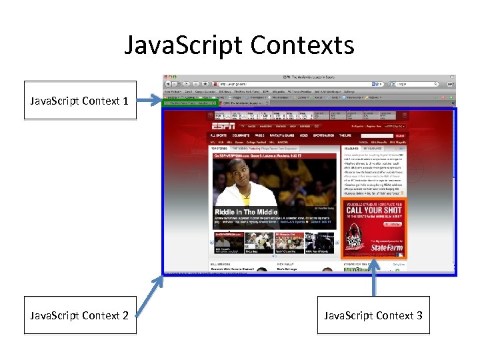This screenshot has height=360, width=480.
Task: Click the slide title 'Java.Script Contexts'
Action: point(239,45)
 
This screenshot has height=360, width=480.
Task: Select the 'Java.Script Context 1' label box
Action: point(79,100)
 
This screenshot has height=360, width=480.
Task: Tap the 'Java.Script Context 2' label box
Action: point(79,315)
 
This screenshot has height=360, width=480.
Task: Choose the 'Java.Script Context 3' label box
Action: point(373,315)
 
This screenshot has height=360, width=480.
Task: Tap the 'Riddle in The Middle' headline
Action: point(246,211)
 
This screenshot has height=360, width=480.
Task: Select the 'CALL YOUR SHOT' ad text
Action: point(373,209)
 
